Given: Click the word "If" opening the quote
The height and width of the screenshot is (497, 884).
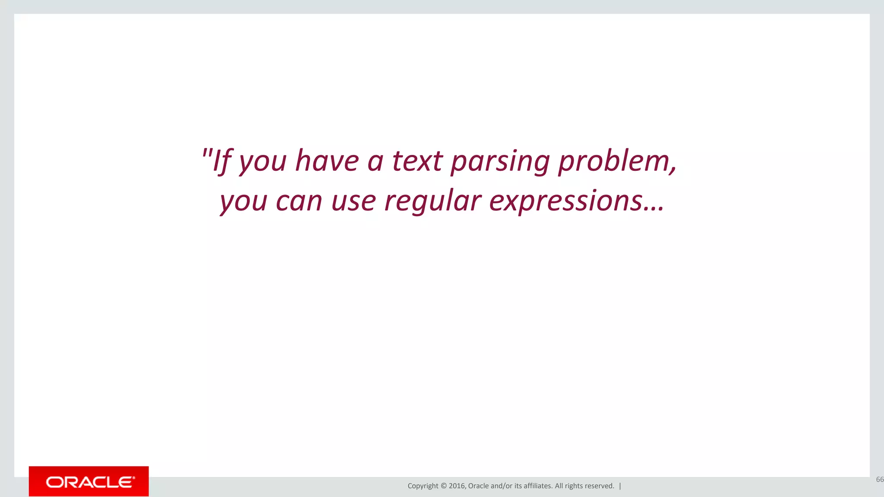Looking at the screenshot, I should tap(223, 161).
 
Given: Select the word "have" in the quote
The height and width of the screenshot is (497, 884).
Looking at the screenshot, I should tap(327, 161).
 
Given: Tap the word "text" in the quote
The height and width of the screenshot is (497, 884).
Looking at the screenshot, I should tap(417, 161).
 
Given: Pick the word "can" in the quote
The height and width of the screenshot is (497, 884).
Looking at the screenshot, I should tap(299, 201).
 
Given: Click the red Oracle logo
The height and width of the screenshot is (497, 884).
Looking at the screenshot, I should tap(89, 481).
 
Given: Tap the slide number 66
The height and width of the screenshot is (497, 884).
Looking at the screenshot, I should tap(879, 479).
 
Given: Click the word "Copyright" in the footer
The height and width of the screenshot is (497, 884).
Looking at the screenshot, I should tap(423, 486).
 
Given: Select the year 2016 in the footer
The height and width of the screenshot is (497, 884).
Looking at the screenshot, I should tap(457, 486).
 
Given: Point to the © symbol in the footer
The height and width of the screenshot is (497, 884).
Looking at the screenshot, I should tap(444, 486).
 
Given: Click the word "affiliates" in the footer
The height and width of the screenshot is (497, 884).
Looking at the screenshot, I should tap(537, 486).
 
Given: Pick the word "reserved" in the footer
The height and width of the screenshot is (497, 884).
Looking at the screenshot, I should tap(599, 486).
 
